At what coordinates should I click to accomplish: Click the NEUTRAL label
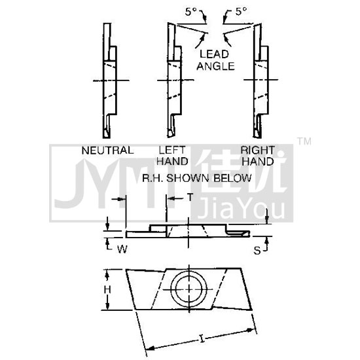tap(107, 151)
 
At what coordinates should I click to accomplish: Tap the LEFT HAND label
tap(172, 156)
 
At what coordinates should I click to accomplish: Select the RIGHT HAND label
tap(258, 156)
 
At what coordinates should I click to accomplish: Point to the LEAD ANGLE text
tap(215, 60)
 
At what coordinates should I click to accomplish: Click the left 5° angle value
tap(191, 12)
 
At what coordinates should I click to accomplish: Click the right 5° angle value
tap(242, 12)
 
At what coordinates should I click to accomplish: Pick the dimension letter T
tap(190, 197)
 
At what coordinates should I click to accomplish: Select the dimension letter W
tap(122, 249)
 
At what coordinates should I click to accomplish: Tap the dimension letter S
tap(257, 251)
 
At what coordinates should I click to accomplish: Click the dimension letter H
tap(107, 290)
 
